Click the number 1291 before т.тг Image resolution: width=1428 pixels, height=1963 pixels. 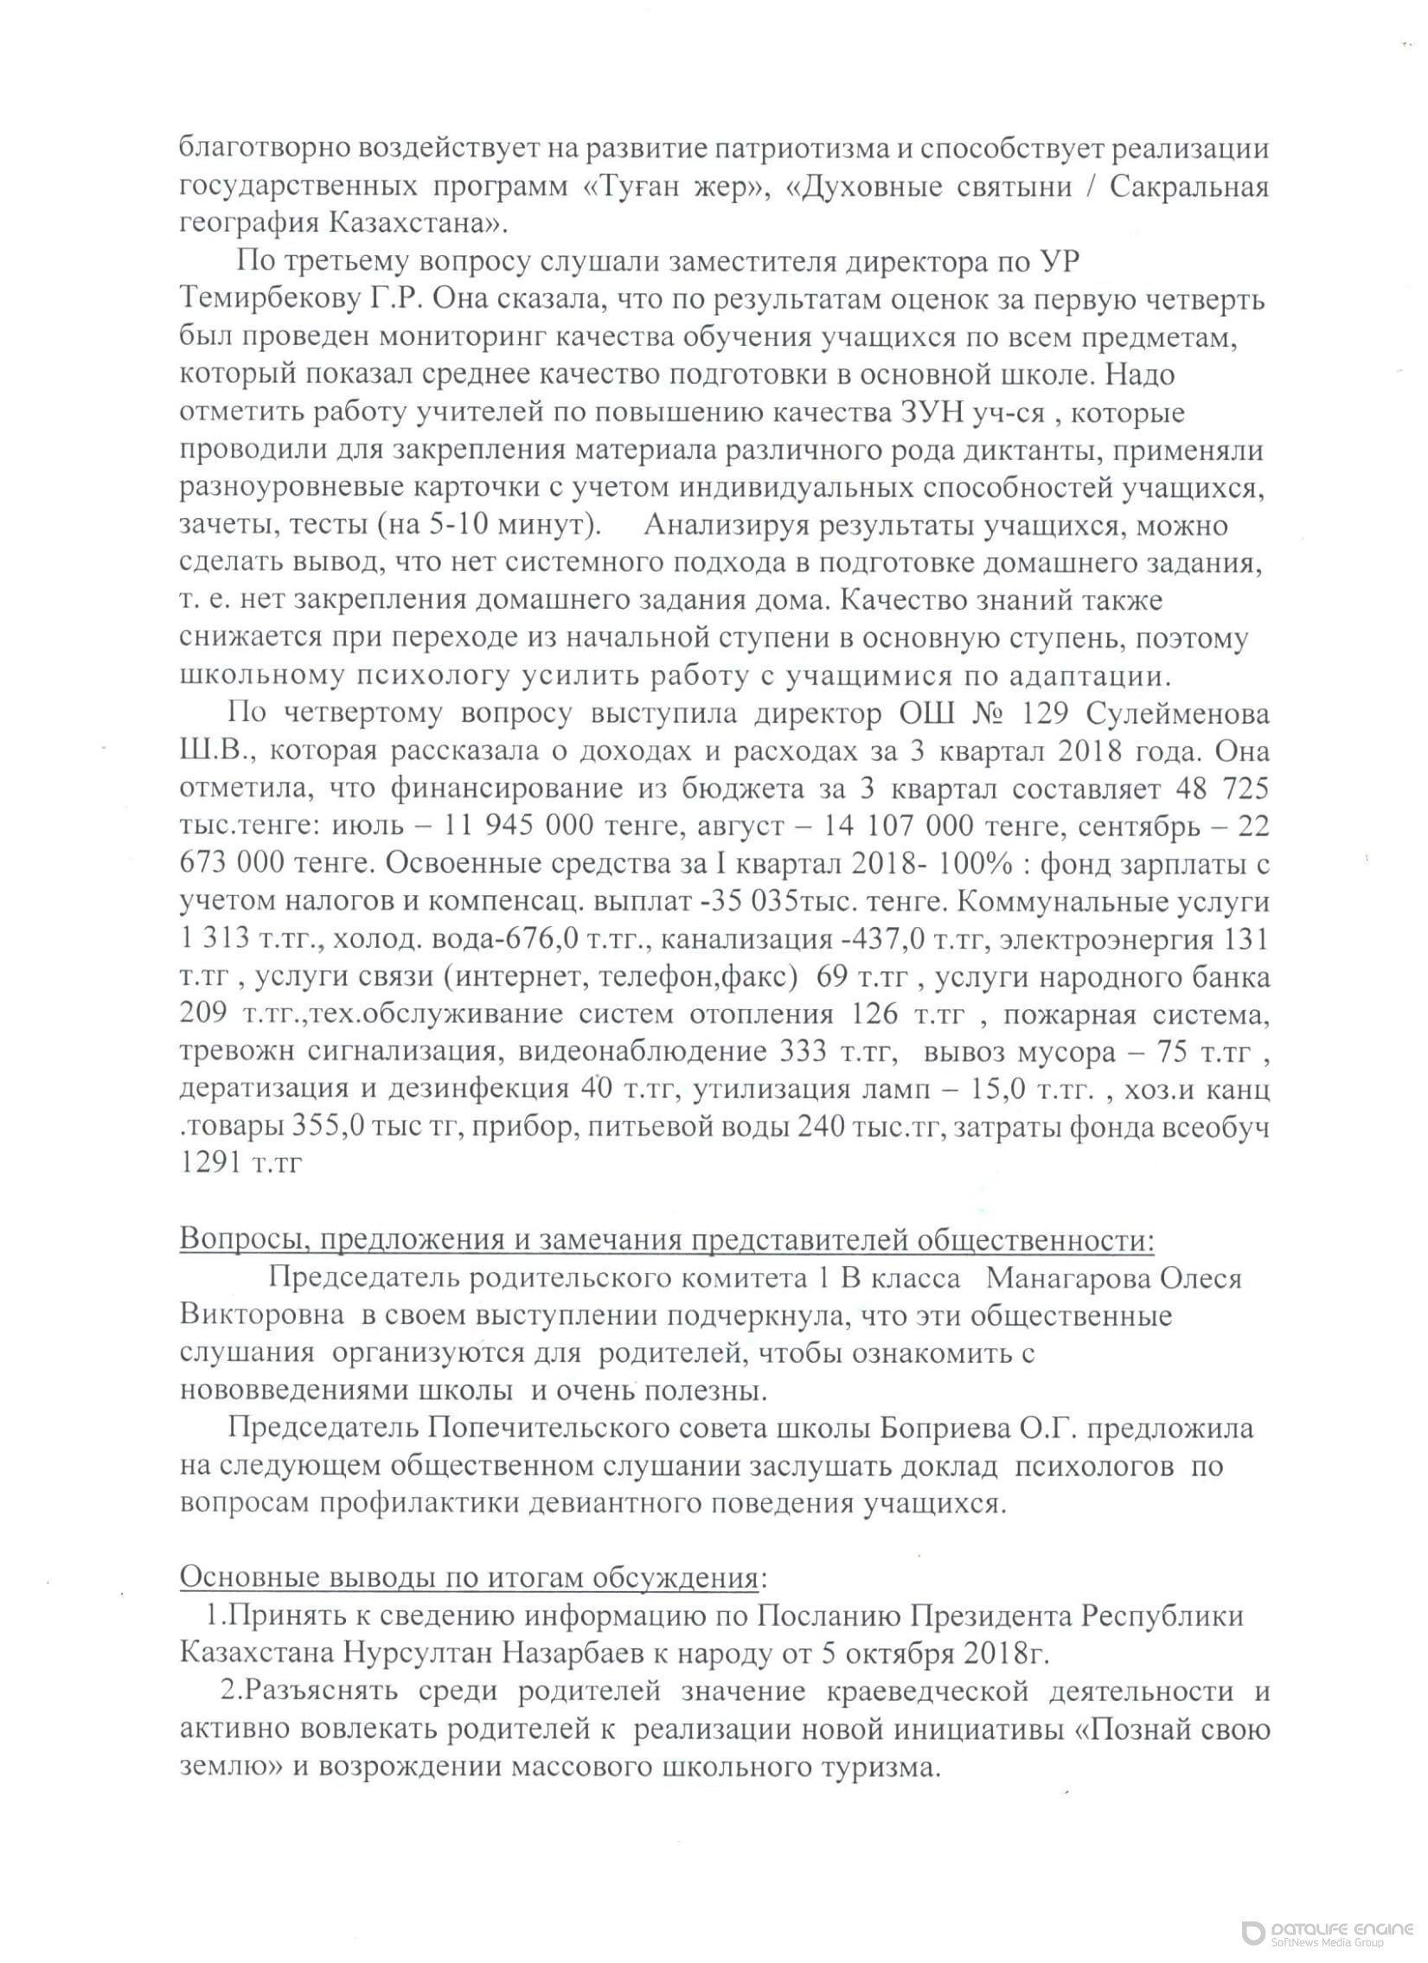[x=210, y=1164]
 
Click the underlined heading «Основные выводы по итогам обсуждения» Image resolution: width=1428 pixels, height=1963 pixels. [x=468, y=1578]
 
